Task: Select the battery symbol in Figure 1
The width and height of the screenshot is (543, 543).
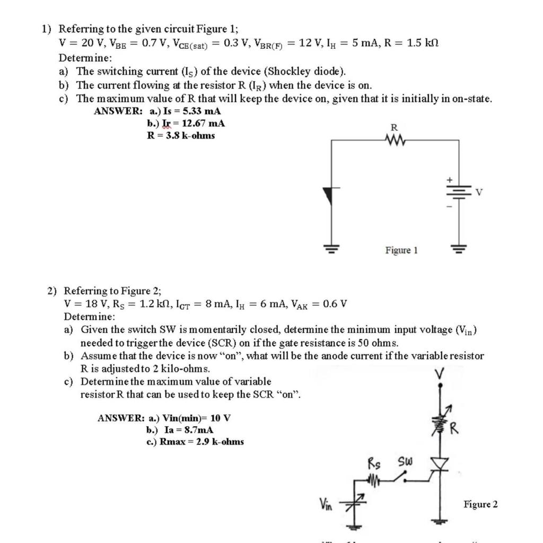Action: point(459,192)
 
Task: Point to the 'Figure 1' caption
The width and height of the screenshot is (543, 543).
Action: point(401,250)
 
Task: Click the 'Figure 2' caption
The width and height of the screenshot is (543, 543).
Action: point(480,504)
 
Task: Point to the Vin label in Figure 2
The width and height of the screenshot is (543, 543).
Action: point(325,504)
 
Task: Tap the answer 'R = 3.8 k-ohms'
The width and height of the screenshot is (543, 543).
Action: point(181,135)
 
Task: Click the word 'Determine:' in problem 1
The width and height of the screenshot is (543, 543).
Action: point(85,58)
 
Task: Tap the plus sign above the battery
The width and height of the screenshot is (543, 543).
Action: point(448,180)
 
